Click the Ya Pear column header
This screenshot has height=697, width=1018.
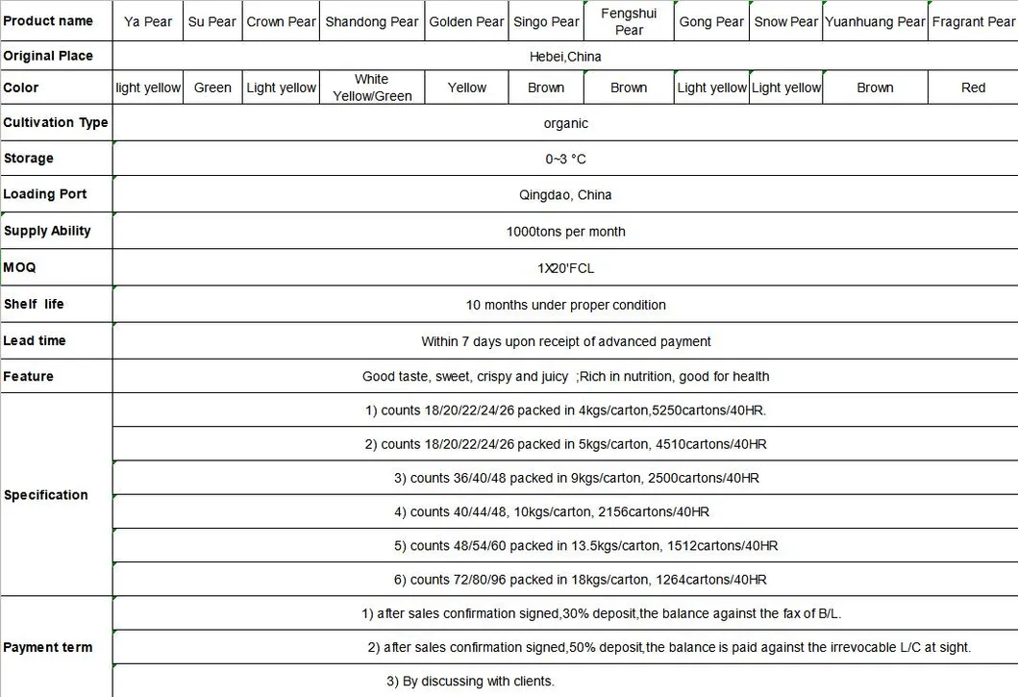click(x=148, y=21)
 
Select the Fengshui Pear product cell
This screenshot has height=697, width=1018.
click(x=629, y=21)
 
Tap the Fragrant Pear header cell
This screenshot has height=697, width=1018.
click(x=973, y=21)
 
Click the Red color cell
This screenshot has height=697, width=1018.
click(x=973, y=87)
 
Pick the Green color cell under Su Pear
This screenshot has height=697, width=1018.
click(x=212, y=87)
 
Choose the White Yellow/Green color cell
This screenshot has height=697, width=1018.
click(x=371, y=87)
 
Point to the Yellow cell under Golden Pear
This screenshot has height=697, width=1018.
click(x=467, y=87)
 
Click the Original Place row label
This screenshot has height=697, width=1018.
click(x=48, y=56)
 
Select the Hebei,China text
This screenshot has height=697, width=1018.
click(x=565, y=57)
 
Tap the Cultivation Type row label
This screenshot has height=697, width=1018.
click(x=56, y=123)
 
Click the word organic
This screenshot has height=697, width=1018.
click(x=565, y=124)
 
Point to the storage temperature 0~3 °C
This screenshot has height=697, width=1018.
click(x=565, y=159)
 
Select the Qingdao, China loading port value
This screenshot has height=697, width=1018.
click(x=565, y=195)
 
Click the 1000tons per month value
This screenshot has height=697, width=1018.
click(x=565, y=232)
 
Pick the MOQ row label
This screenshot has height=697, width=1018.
click(x=19, y=267)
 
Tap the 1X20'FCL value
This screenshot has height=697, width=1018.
click(x=565, y=268)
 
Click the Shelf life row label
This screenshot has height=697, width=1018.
click(x=34, y=304)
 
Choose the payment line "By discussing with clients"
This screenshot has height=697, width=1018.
click(x=470, y=682)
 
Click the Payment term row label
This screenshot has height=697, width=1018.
click(x=48, y=648)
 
